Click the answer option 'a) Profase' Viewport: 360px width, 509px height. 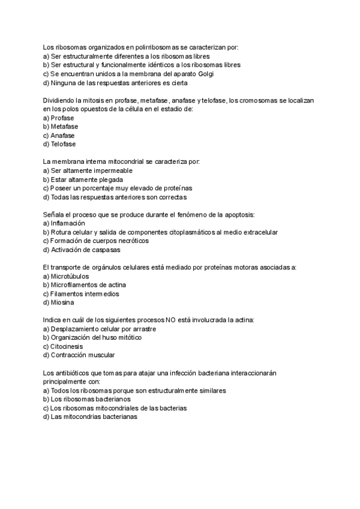(59, 118)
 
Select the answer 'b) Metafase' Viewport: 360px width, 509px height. (61, 127)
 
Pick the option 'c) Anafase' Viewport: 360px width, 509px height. (59, 136)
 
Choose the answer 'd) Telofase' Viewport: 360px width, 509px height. (59, 144)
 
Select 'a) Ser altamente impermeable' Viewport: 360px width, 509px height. (88, 170)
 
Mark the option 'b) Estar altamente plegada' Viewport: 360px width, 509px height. (83, 179)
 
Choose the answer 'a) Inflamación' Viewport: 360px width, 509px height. (64, 223)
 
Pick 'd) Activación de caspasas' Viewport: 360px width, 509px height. (82, 250)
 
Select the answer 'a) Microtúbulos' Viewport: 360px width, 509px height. (66, 276)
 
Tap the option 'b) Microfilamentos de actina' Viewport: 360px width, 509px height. (85, 285)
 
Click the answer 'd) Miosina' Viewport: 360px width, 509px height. (58, 303)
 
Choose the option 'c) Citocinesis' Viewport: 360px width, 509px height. (63, 346)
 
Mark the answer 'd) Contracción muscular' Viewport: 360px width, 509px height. (79, 355)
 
